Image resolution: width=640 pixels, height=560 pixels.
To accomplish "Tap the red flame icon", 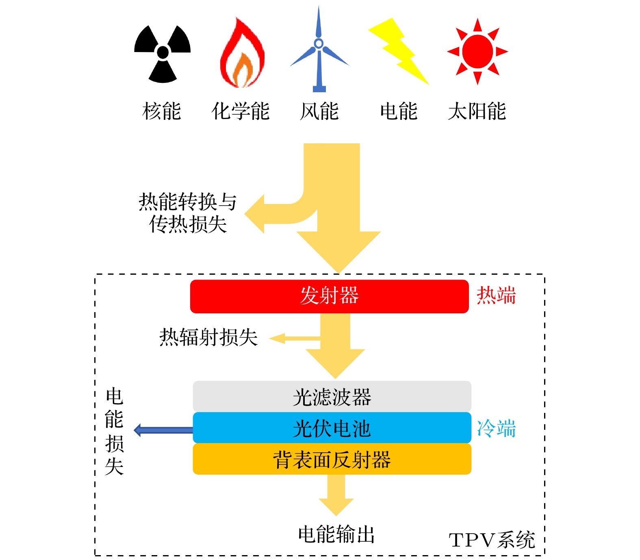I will pos(242,55).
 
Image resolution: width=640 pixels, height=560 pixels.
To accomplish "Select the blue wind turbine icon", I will pos(319,51).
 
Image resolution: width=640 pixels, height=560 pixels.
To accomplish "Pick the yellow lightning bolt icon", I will pos(398,51).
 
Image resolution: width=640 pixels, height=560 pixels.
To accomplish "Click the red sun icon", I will pos(477,52).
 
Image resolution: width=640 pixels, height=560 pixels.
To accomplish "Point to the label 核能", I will pos(162,111).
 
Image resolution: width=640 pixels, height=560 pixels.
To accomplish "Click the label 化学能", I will pos(241,111).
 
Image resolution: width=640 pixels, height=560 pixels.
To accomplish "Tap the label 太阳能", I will pos(477,111).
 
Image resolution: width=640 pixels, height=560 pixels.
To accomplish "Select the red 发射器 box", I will pos(329,296).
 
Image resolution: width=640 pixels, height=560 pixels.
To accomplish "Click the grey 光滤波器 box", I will pos(332,397).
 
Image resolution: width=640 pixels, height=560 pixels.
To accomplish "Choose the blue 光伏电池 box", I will pos(332,428).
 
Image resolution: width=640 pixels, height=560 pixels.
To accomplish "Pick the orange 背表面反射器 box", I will pos(332,459).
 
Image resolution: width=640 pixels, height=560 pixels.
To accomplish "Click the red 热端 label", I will pos(496,295).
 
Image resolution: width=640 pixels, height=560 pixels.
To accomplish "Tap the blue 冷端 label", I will pos(496,428).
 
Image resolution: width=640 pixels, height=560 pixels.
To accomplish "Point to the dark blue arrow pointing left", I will pos(163,430).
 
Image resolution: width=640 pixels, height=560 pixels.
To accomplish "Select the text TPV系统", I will pos(492,540).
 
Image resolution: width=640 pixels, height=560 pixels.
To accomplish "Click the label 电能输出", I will pos(336,534).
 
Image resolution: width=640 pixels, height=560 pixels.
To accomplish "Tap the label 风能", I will pos(319,111).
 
